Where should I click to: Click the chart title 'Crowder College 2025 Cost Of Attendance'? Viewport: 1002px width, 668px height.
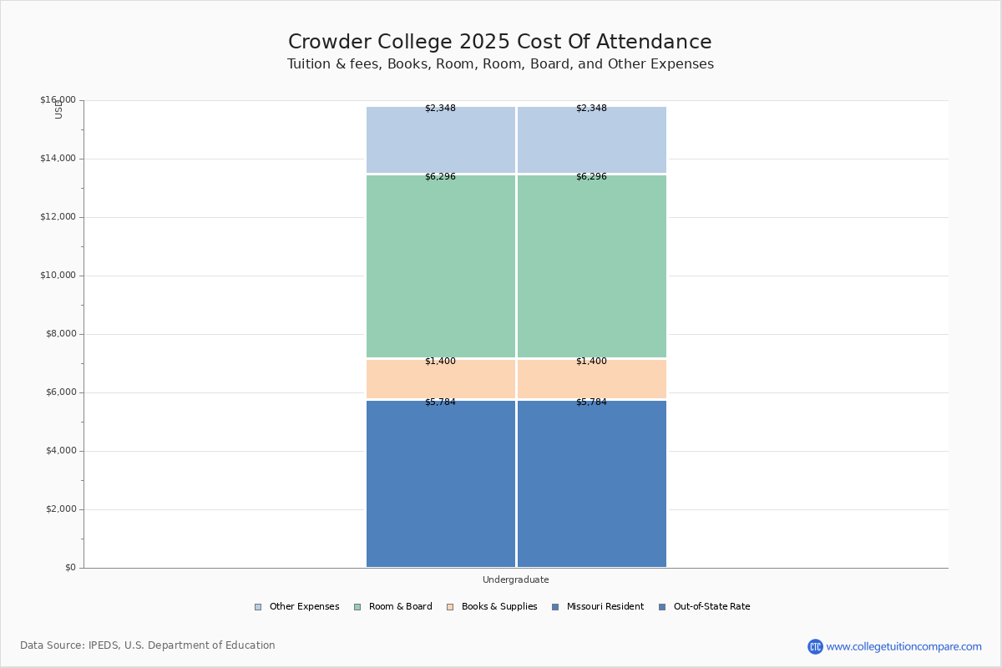(499, 43)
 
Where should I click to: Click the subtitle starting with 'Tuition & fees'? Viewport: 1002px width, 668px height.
(500, 64)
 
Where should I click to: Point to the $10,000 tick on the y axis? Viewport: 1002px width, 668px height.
(58, 276)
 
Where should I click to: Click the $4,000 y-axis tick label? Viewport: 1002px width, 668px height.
(58, 451)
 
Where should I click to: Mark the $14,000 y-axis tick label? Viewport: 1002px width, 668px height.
(58, 159)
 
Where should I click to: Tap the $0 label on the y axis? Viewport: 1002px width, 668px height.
(70, 568)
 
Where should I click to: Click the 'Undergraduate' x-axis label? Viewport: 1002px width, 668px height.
(515, 579)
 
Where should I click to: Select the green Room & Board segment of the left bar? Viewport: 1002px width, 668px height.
(441, 267)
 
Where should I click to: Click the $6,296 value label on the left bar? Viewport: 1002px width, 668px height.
(440, 177)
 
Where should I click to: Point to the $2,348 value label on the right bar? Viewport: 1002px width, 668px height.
(591, 109)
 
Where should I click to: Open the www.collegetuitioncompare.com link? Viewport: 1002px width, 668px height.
(903, 646)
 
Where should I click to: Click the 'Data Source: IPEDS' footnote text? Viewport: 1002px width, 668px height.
(147, 645)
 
